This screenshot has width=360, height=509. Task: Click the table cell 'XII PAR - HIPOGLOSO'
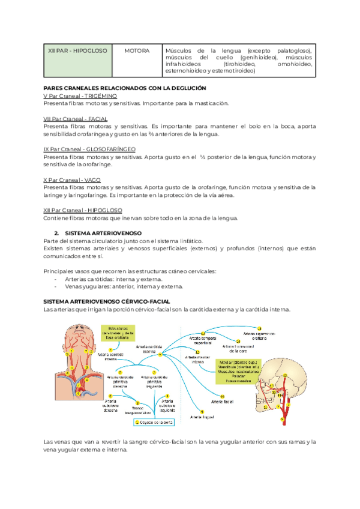click(77, 51)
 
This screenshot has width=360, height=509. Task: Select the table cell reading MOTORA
click(137, 51)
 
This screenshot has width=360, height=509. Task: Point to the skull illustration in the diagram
click(285, 384)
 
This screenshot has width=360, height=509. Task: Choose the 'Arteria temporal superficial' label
click(202, 340)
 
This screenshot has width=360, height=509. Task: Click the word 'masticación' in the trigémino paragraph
click(210, 103)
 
